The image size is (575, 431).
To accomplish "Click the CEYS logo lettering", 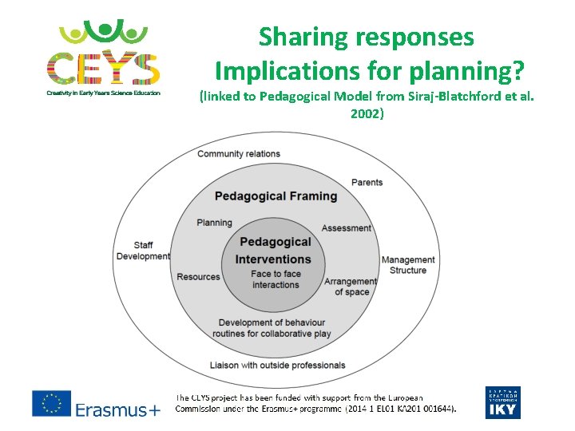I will [103, 67].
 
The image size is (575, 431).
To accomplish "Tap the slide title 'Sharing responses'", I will [367, 37].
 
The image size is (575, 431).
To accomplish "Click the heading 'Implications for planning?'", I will [370, 72].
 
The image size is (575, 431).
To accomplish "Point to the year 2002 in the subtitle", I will [367, 113].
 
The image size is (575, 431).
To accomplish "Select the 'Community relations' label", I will [239, 153].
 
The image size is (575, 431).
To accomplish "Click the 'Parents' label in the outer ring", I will [367, 182].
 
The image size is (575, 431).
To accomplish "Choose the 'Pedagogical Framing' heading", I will [276, 196].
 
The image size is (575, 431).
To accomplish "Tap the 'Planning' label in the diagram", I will [214, 223].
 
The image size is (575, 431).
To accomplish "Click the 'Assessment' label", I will [346, 228].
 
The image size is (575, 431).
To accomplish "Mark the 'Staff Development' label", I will [143, 251].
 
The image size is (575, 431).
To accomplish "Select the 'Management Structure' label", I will [408, 265].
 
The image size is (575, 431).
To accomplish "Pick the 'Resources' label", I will [198, 277].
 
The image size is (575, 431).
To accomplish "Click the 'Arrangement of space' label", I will [351, 287].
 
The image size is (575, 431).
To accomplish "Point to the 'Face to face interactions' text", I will [276, 279].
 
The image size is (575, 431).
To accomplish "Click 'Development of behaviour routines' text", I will [272, 328].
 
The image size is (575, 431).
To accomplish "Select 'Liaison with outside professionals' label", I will [277, 365].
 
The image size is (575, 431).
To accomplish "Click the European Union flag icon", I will [51, 403].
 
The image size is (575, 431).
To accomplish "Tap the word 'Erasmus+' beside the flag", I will [117, 409].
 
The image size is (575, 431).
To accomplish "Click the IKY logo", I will [502, 402].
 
